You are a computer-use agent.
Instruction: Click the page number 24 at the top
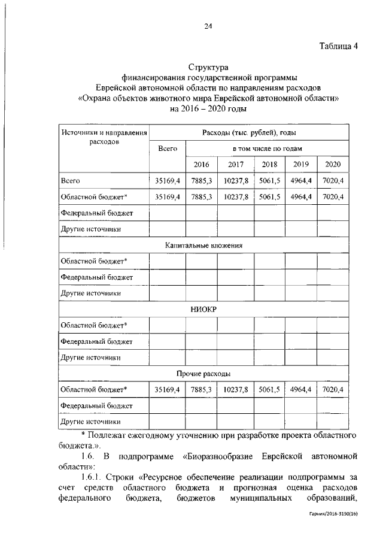tap(208, 26)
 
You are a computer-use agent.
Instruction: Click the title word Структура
tap(208, 67)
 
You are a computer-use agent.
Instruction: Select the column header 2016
tap(201, 165)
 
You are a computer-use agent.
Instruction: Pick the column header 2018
tap(269, 165)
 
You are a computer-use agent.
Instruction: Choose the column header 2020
tap(333, 165)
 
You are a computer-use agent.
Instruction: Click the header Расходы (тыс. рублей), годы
tap(250, 132)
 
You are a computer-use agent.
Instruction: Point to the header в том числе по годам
tap(267, 148)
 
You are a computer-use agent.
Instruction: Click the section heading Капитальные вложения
tap(203, 245)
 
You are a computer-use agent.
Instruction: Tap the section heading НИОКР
tap(203, 309)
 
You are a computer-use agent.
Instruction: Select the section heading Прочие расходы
tap(203, 374)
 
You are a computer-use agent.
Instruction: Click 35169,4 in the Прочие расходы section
tap(168, 390)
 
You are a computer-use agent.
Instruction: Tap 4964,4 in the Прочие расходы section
tap(301, 390)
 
